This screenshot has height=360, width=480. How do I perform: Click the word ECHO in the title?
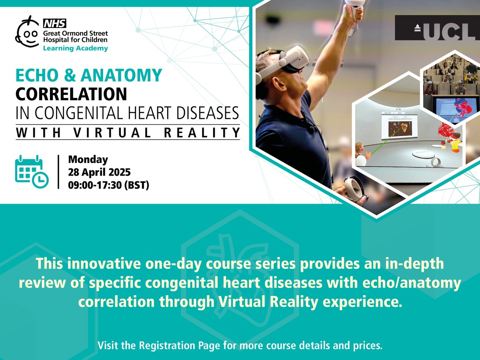(x=36, y=75)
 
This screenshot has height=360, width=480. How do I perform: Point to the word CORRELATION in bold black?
(x=71, y=94)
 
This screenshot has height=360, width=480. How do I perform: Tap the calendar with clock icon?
(x=32, y=171)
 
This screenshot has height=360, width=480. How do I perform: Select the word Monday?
(x=88, y=160)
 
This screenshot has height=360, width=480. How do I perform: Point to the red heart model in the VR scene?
(x=446, y=132)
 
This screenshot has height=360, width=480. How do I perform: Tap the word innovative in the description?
(x=92, y=264)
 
